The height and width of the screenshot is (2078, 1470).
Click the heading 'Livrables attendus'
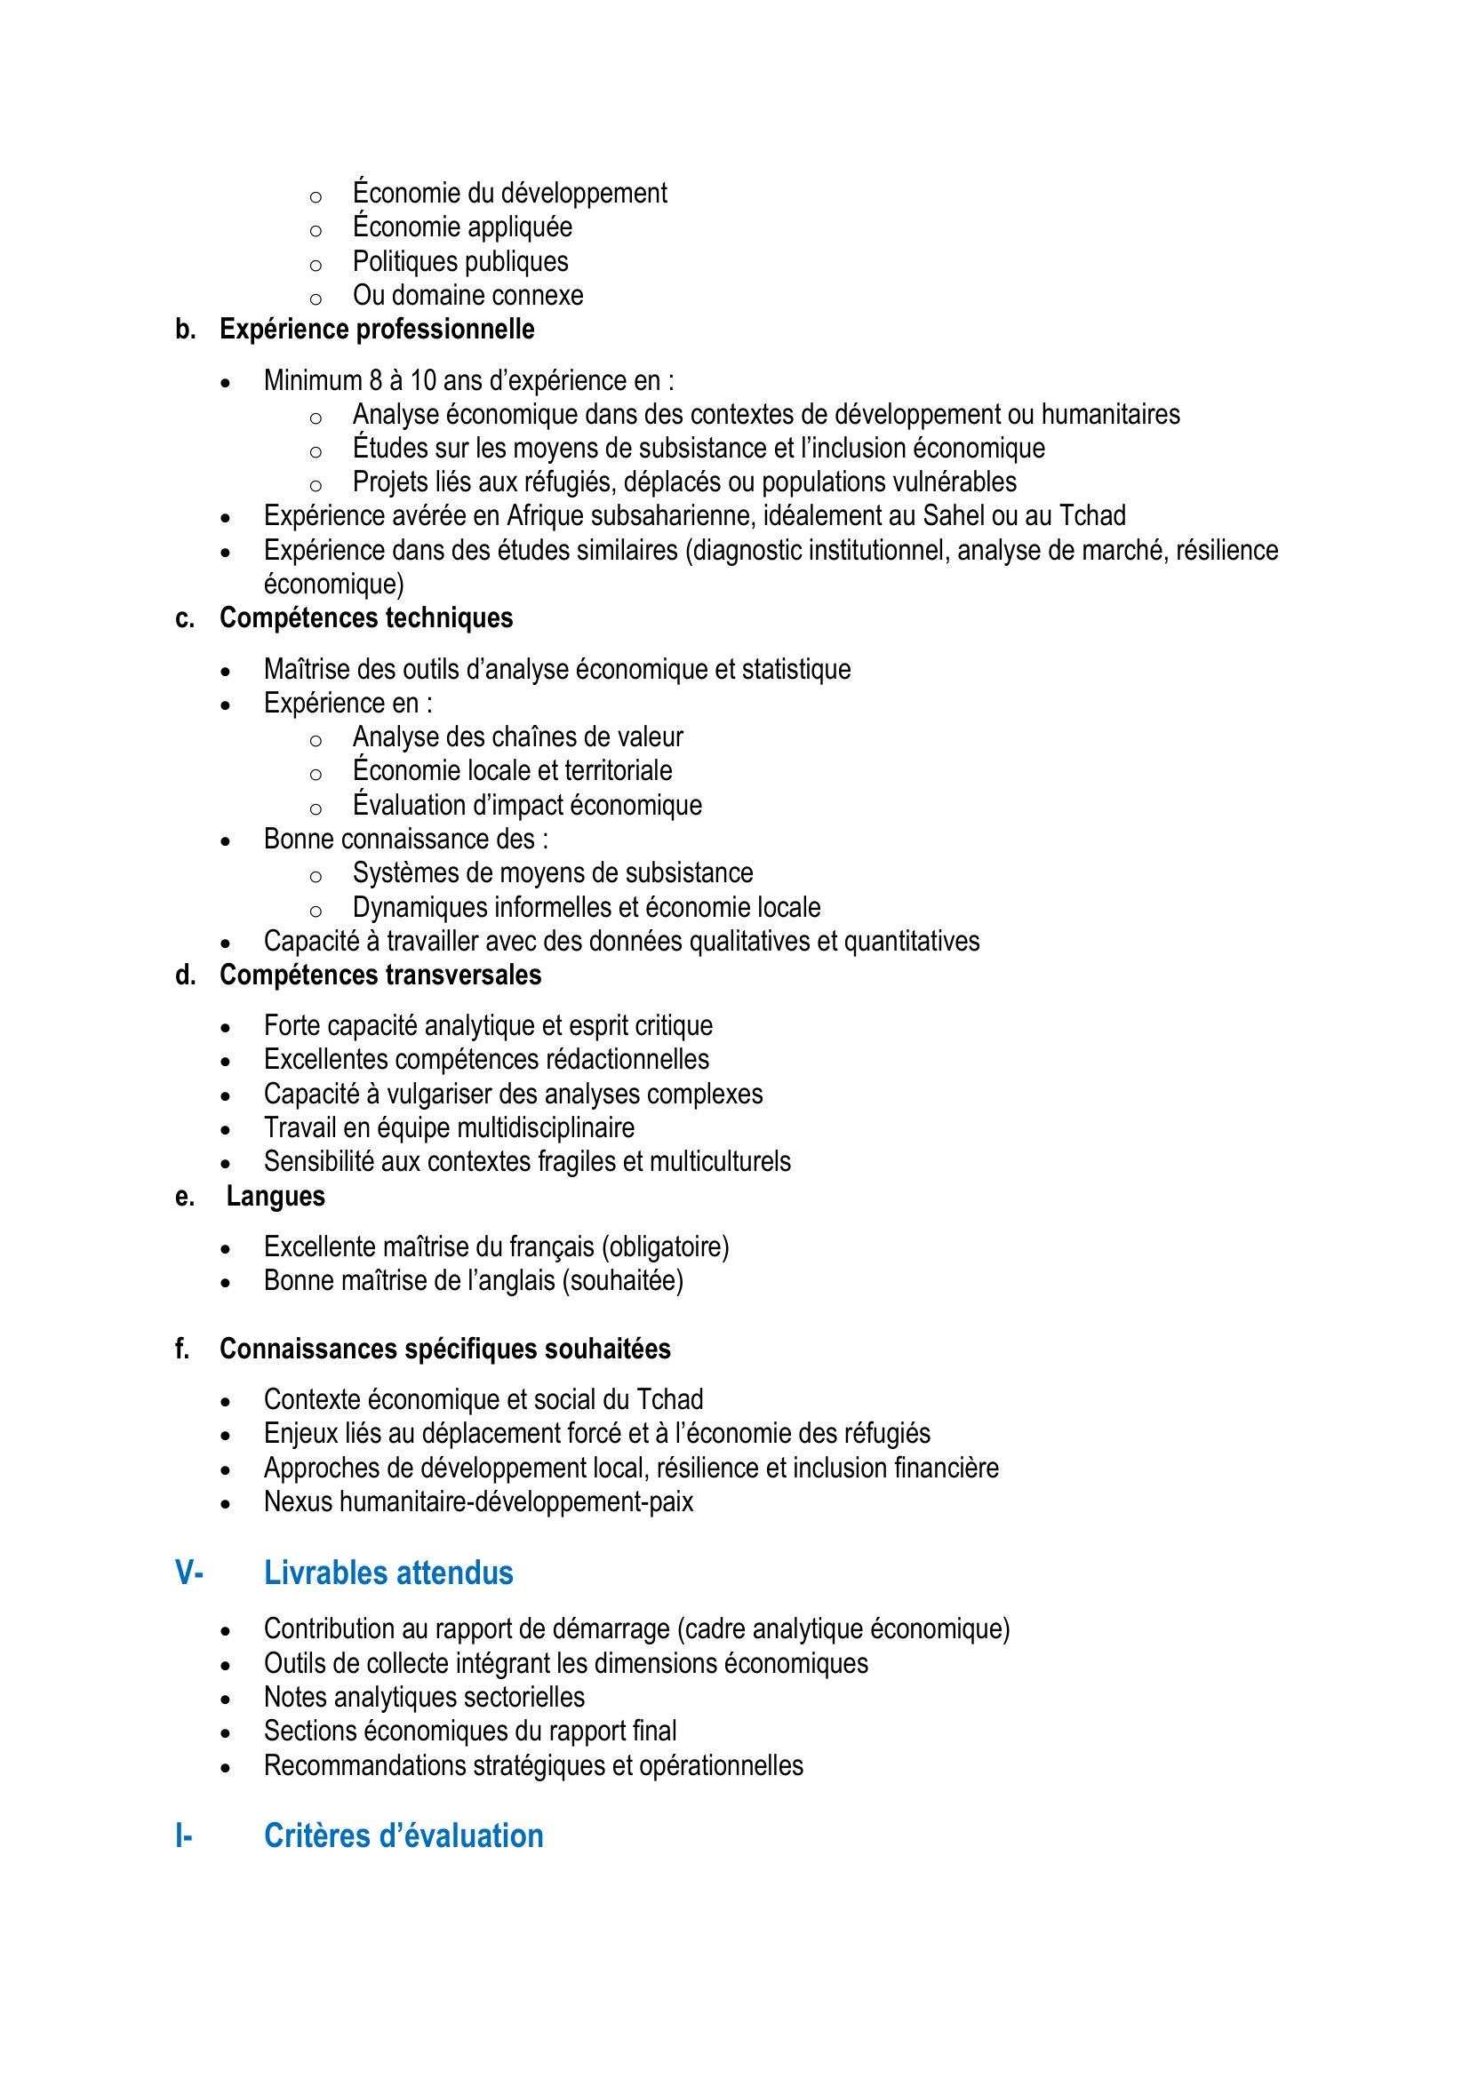click(388, 1573)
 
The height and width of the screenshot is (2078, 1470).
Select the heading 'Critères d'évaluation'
click(403, 1835)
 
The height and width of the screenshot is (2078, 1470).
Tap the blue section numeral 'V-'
click(188, 1573)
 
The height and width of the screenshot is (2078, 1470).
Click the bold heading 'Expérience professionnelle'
click(377, 329)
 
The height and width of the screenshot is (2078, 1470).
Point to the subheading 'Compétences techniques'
click(365, 617)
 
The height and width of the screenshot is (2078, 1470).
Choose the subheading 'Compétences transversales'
click(380, 975)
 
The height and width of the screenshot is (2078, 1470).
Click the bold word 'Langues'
click(276, 1196)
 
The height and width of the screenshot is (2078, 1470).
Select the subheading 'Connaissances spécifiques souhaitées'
click(444, 1349)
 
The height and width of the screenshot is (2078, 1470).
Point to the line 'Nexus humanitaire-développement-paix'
click(478, 1501)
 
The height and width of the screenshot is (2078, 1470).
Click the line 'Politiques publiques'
click(459, 261)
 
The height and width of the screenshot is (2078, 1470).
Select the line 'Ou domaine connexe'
click(468, 295)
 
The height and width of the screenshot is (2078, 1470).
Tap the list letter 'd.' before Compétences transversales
click(186, 975)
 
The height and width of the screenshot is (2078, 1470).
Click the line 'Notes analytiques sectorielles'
click(424, 1697)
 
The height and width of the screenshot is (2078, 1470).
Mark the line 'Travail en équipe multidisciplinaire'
click(449, 1127)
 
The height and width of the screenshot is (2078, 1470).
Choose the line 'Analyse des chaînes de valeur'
click(518, 736)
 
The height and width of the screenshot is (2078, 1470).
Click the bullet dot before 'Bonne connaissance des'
click(226, 841)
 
